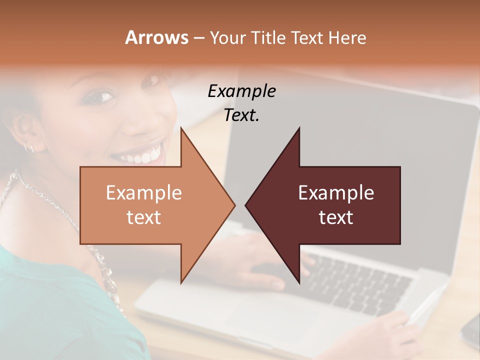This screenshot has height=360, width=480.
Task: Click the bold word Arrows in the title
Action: point(156,37)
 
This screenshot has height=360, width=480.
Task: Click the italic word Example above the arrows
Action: point(241,91)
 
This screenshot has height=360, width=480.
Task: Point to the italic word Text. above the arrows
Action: point(241,115)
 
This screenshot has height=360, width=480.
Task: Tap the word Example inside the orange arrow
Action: point(144,192)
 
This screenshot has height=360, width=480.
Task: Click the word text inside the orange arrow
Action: point(144,217)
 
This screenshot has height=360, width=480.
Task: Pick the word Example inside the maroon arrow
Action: point(336,192)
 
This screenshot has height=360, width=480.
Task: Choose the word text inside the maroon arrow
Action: point(336,217)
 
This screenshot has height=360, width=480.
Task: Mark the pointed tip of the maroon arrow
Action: point(246,205)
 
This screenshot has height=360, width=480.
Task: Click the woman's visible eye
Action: point(101,96)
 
